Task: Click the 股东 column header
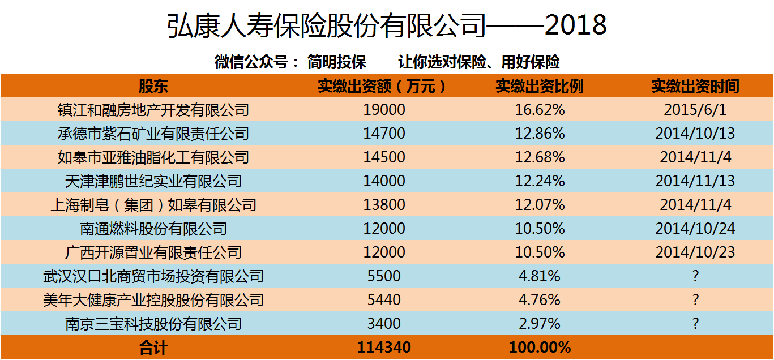pos(153,86)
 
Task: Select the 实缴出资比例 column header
pos(540,86)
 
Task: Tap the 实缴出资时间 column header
pos(695,86)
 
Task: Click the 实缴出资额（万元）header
pos(382,86)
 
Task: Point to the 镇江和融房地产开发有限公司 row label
pos(153,110)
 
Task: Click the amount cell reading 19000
pos(384,110)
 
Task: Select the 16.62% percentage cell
pos(540,110)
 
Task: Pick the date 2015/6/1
pos(695,110)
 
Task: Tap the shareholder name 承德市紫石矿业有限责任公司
pos(153,134)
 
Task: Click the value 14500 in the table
pos(384,157)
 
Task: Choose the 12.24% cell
pos(540,181)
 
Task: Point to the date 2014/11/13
pos(695,181)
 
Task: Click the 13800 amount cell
pos(384,205)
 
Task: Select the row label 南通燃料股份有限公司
pos(153,229)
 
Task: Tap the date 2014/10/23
pos(695,252)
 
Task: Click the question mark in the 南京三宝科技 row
pos(695,324)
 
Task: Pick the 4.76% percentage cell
pos(540,300)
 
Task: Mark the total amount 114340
pos(384,348)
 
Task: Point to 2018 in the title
pos(576,25)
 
